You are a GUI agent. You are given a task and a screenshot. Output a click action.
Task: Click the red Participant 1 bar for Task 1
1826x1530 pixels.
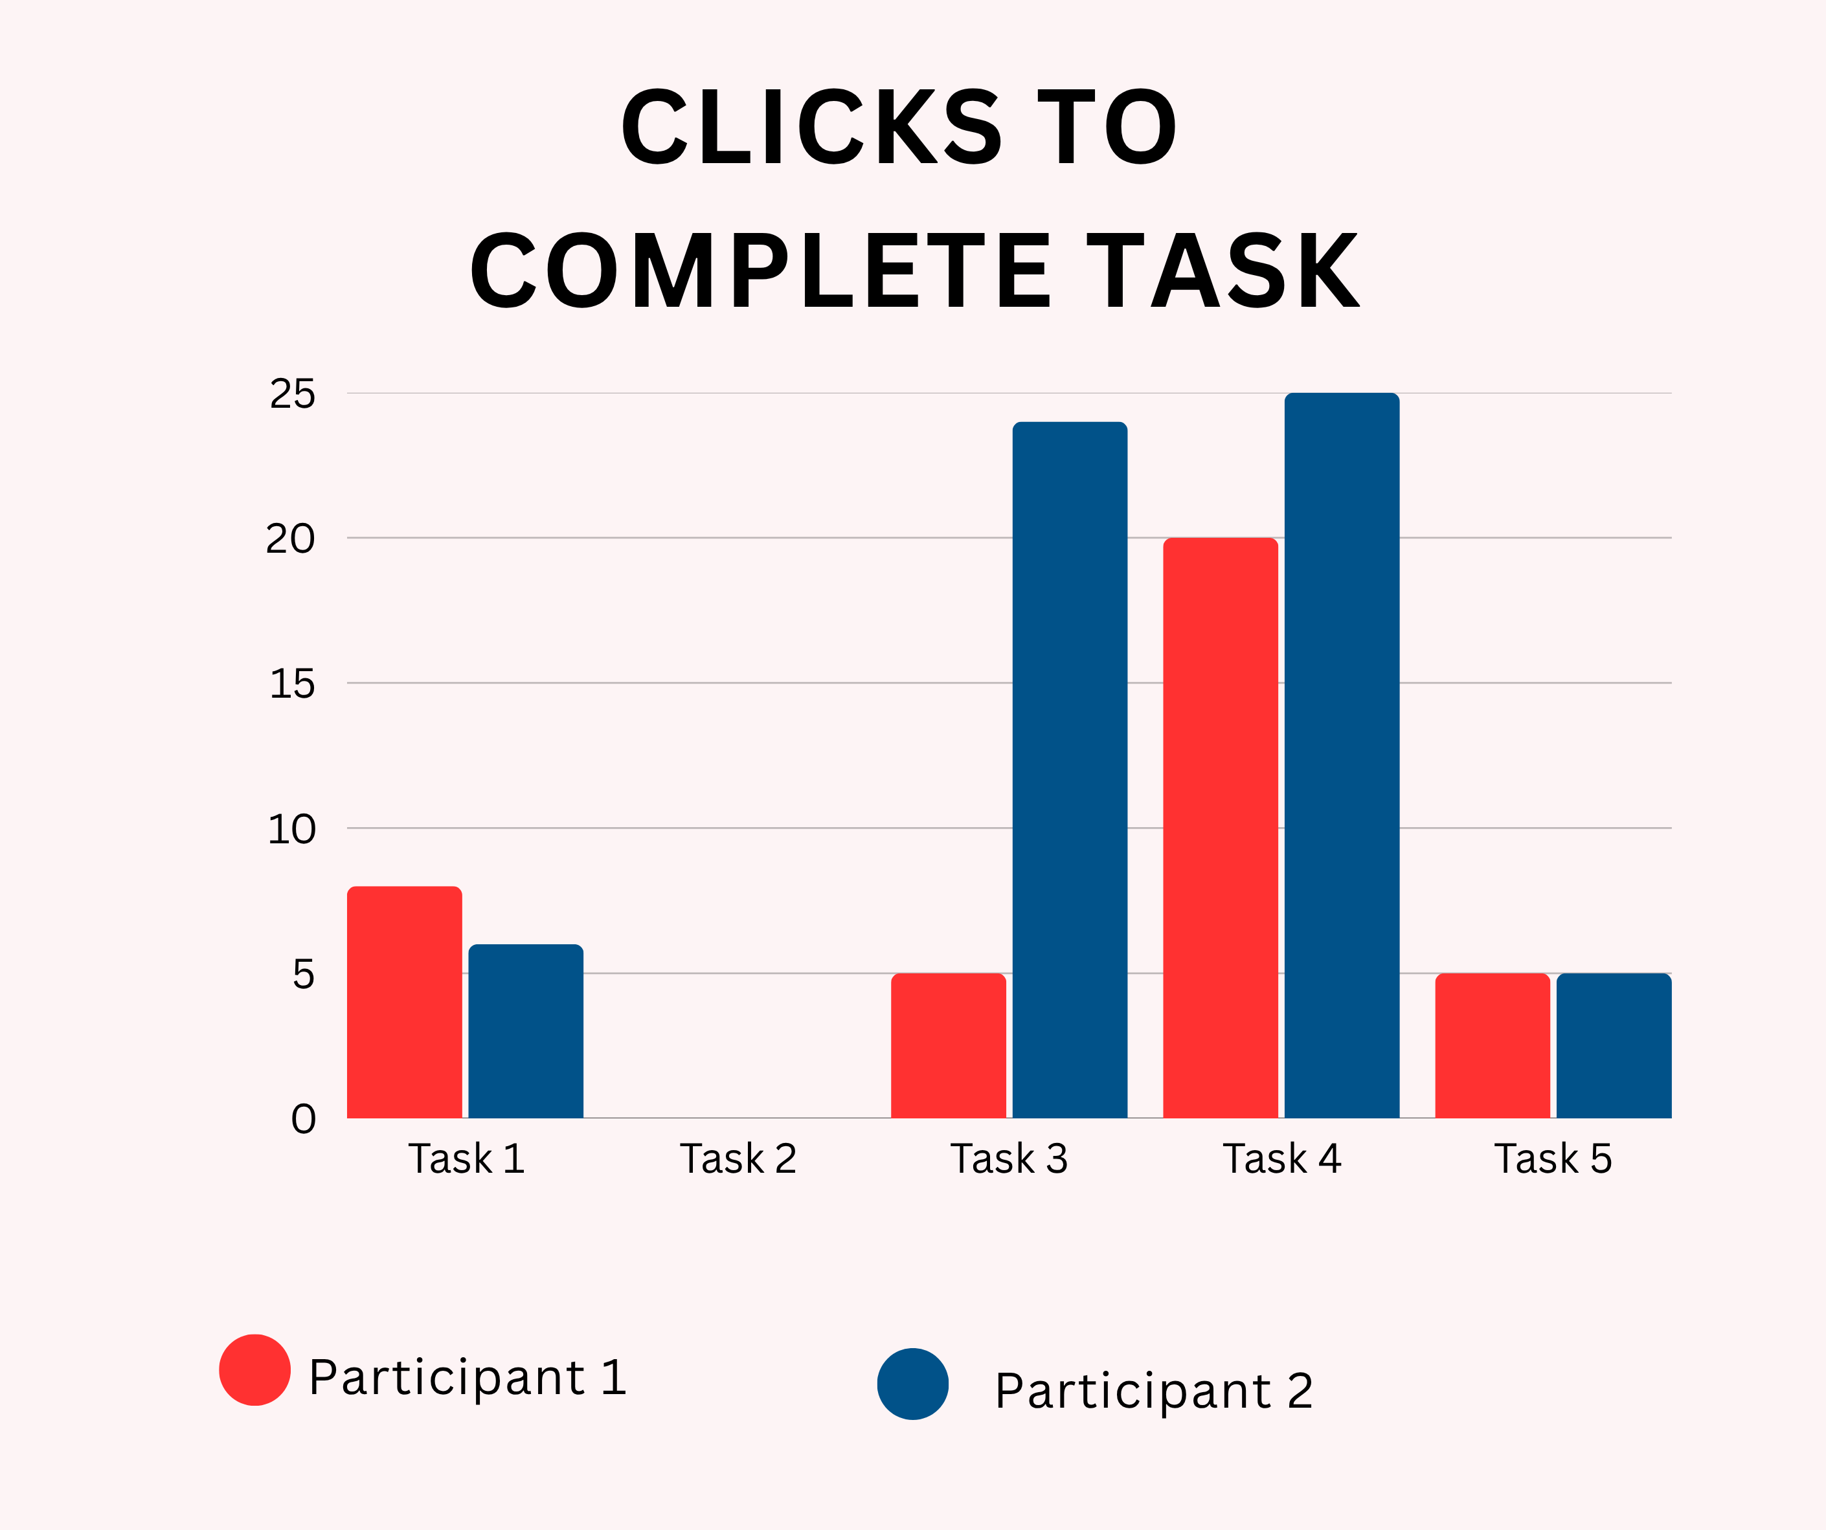click(x=404, y=1003)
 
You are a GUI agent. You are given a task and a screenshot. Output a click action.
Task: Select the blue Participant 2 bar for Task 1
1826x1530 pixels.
click(x=526, y=1031)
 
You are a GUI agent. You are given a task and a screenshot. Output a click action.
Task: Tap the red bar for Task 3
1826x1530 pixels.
click(x=949, y=1046)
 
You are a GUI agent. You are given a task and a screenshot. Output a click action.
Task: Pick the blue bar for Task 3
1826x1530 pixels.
click(x=1070, y=770)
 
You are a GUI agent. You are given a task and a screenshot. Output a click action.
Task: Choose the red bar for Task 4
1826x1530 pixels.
click(x=1221, y=828)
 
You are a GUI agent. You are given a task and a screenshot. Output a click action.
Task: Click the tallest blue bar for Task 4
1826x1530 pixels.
click(x=1342, y=755)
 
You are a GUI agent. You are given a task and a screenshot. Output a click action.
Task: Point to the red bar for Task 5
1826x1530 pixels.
click(x=1492, y=1046)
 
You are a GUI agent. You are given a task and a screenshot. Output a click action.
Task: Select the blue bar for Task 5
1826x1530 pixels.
click(x=1614, y=1046)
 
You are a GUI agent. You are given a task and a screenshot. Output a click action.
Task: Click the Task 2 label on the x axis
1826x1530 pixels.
click(x=738, y=1159)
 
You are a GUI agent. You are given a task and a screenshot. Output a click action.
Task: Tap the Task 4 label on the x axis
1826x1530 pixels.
click(x=1281, y=1159)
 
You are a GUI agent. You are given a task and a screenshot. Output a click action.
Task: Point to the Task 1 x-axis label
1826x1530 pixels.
click(x=466, y=1159)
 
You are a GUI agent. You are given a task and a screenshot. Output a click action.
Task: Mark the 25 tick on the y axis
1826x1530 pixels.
click(x=292, y=394)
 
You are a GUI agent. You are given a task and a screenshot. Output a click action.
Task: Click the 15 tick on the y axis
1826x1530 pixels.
click(x=292, y=684)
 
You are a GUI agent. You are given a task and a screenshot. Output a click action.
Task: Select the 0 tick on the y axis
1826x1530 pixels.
click(x=304, y=1119)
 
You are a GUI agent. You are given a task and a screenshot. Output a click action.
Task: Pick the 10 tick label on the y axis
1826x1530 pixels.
click(x=291, y=829)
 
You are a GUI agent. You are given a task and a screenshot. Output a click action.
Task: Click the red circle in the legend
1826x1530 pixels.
click(x=254, y=1369)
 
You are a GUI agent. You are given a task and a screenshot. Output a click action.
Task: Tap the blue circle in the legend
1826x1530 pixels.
click(x=913, y=1384)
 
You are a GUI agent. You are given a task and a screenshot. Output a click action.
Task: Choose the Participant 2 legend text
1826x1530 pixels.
click(x=1154, y=1391)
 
